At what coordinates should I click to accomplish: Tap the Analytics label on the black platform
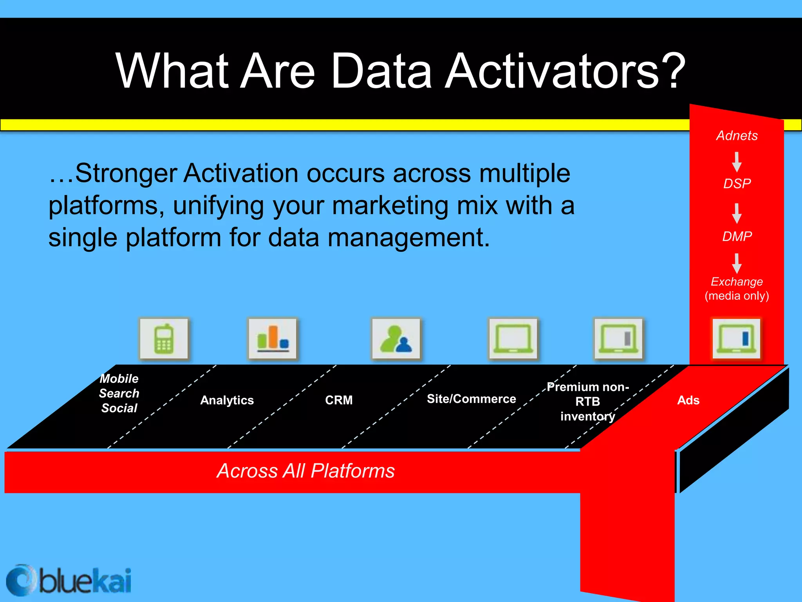click(227, 400)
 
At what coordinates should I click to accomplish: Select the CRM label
click(339, 400)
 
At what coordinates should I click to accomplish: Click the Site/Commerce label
click(471, 399)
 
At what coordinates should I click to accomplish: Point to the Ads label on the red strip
click(688, 400)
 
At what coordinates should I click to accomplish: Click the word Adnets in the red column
click(737, 136)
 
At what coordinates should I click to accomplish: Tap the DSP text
click(737, 183)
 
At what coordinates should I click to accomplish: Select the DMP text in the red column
click(737, 236)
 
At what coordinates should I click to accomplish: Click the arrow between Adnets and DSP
click(737, 162)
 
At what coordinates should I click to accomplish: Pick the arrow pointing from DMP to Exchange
click(737, 263)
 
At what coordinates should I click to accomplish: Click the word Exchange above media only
click(737, 281)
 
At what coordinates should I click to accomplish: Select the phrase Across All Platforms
click(305, 471)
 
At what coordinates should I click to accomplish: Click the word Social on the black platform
click(119, 408)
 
